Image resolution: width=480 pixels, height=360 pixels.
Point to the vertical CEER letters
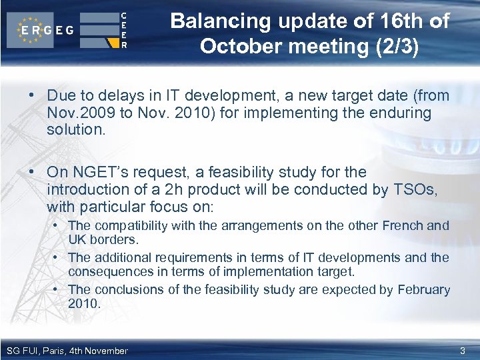click(x=124, y=30)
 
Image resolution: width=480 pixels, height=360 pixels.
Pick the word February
click(x=424, y=290)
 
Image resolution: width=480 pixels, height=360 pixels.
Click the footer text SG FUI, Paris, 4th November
click(x=67, y=351)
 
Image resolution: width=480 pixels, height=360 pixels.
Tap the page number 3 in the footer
click(x=463, y=351)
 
